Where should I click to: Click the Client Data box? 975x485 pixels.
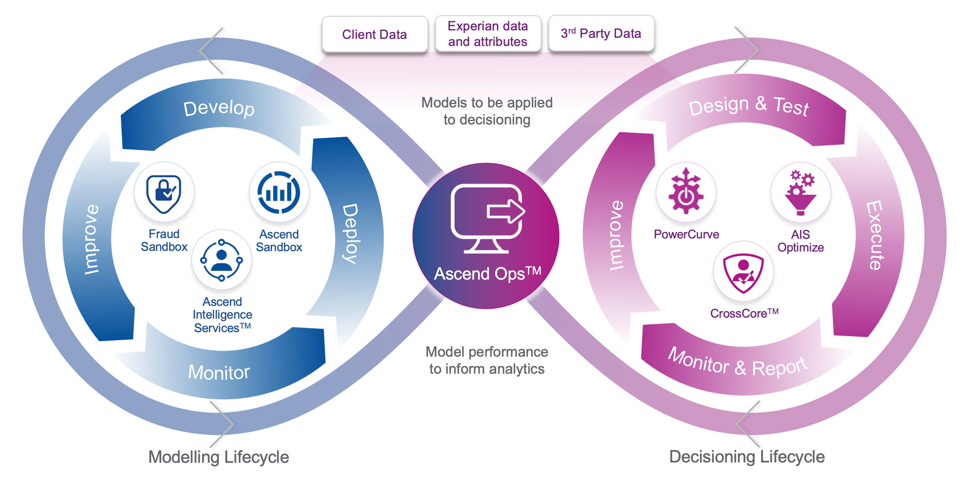pyautogui.click(x=374, y=34)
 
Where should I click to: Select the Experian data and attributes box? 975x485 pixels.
pyautogui.click(x=487, y=34)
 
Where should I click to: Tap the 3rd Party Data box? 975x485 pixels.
pyautogui.click(x=601, y=33)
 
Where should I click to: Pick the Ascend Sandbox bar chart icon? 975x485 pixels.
pyautogui.click(x=279, y=193)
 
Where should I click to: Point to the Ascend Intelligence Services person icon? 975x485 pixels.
pyautogui.click(x=222, y=260)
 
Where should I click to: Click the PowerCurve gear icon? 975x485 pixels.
pyautogui.click(x=686, y=192)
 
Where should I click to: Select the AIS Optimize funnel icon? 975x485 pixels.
pyautogui.click(x=800, y=193)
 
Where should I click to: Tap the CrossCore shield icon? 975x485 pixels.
pyautogui.click(x=743, y=272)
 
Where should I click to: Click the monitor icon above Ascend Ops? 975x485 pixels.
pyautogui.click(x=486, y=218)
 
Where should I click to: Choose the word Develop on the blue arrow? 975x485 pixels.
pyautogui.click(x=219, y=108)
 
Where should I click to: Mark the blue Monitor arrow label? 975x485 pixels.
pyautogui.click(x=219, y=372)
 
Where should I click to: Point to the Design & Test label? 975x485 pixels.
pyautogui.click(x=748, y=105)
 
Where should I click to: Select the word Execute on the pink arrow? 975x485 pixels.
pyautogui.click(x=875, y=235)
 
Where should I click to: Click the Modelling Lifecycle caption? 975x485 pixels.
pyautogui.click(x=218, y=457)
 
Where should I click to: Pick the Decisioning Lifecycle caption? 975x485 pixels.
pyautogui.click(x=747, y=457)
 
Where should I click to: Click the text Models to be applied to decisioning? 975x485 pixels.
pyautogui.click(x=487, y=111)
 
